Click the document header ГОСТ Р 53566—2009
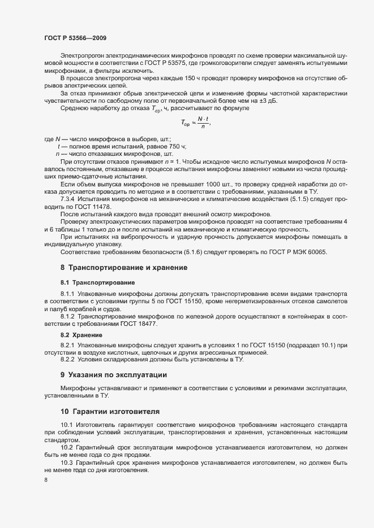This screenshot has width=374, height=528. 75,38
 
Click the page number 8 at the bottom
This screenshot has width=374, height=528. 46,480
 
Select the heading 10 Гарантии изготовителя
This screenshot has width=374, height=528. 110,411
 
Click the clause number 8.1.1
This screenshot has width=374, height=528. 68,295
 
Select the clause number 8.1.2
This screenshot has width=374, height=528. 68,317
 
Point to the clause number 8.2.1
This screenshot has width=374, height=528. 68,345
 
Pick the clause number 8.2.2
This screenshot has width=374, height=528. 68,360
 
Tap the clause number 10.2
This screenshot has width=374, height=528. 67,447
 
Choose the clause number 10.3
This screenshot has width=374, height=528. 67,462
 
